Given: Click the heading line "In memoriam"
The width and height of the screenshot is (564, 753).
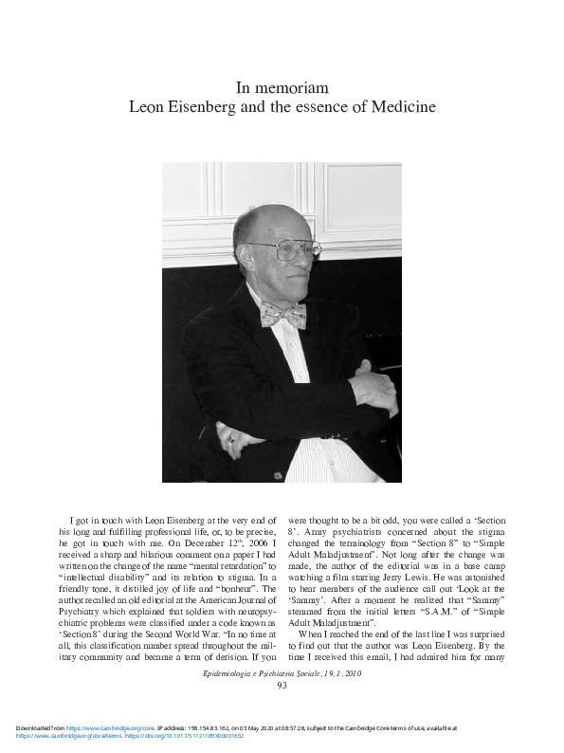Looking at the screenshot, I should (x=282, y=88).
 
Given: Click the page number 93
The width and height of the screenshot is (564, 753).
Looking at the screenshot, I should (x=282, y=685).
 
